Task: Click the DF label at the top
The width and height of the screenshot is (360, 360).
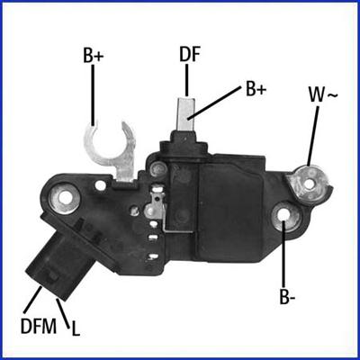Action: (189, 54)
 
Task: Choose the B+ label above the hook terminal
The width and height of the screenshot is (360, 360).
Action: (94, 56)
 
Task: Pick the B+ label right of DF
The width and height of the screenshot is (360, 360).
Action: (256, 90)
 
